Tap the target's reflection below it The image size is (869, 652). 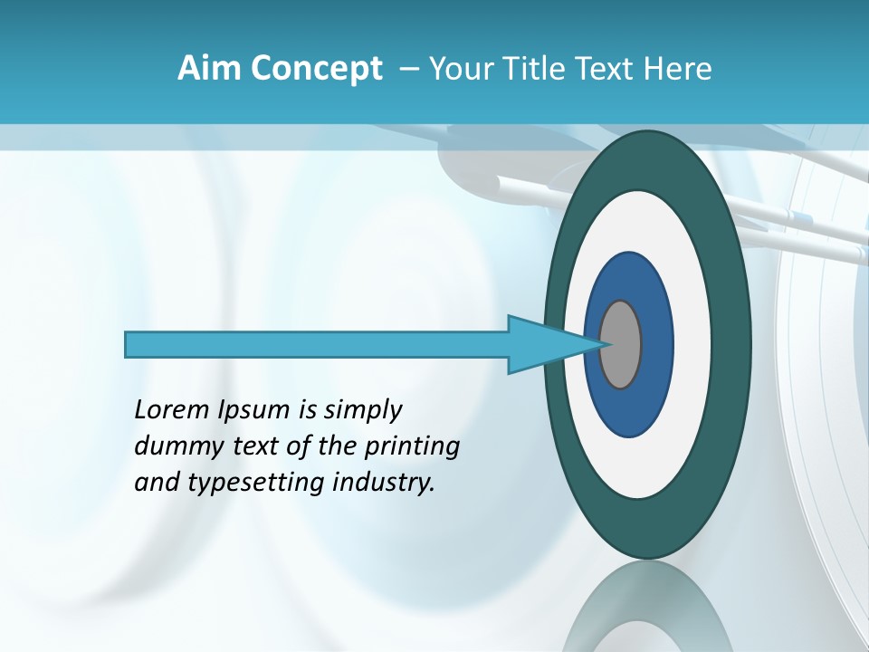pos(647,607)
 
